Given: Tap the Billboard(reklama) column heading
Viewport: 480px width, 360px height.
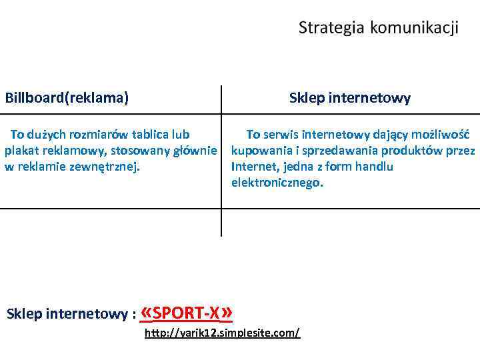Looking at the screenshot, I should point(67,98).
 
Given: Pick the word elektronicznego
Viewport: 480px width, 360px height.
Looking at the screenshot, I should point(277,182).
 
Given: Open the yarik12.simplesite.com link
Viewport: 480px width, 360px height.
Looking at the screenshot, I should point(222,332).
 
